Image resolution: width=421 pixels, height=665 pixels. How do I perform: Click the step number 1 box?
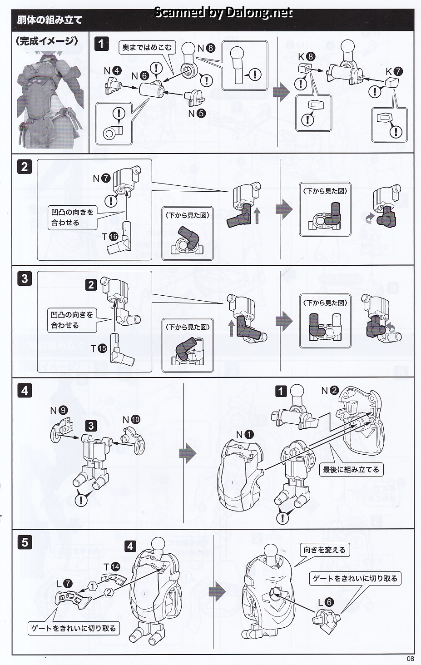(101, 44)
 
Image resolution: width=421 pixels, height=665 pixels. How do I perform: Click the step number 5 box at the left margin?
(25, 542)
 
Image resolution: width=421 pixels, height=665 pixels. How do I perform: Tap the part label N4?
(112, 71)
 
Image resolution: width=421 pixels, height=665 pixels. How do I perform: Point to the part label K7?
(394, 72)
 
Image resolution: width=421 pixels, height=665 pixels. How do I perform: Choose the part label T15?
(111, 348)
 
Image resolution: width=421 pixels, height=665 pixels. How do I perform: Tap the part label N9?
(59, 411)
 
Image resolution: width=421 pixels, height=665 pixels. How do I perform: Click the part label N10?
(131, 420)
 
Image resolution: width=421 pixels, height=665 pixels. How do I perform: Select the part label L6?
(326, 603)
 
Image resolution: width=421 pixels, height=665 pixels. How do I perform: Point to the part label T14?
(112, 566)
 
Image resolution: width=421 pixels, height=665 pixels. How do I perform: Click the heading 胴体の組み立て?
(50, 20)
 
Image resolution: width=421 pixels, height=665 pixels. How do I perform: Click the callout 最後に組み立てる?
(351, 469)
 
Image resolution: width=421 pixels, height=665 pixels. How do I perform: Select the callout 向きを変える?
(324, 550)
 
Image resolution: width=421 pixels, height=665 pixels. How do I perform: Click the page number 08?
(410, 659)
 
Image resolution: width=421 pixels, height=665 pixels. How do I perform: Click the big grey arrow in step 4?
(187, 454)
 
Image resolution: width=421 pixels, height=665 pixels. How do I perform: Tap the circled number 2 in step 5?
(109, 592)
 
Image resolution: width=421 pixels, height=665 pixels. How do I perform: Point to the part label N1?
(244, 435)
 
